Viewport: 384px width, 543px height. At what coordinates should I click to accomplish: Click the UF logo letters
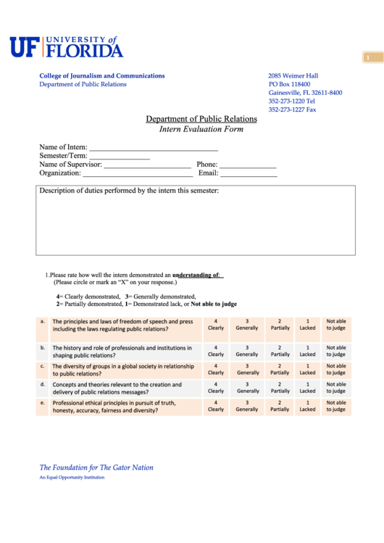pos(25,47)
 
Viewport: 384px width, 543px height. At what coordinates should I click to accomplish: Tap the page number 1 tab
pos(369,57)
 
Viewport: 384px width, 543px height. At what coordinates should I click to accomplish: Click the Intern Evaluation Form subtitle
pos(201,130)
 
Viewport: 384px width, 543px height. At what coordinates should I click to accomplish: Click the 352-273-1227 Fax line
pos(292,109)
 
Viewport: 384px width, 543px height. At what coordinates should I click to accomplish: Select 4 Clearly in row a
pos(216,325)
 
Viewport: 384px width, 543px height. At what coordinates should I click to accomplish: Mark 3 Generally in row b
pos(247,351)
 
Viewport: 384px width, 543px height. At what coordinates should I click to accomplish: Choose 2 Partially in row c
pos(280,370)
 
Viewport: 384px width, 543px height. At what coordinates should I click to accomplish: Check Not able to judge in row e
pos(336,406)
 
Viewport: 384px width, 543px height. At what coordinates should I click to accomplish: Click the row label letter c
pos(43,367)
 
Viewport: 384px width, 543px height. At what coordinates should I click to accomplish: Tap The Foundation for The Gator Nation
pos(96,468)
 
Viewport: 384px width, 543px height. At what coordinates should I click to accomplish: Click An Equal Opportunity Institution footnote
pos(70,478)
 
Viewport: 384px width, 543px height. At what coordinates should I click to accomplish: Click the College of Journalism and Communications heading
pos(102,75)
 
